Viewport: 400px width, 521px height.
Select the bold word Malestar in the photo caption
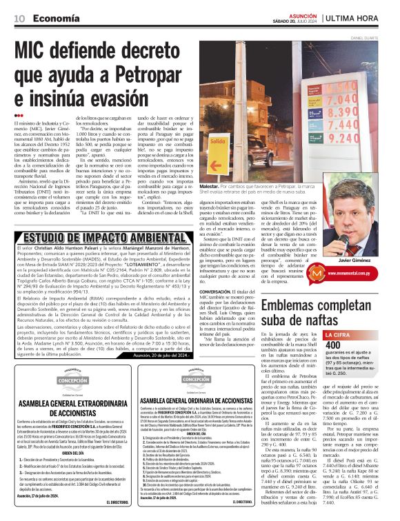click(x=210, y=186)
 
